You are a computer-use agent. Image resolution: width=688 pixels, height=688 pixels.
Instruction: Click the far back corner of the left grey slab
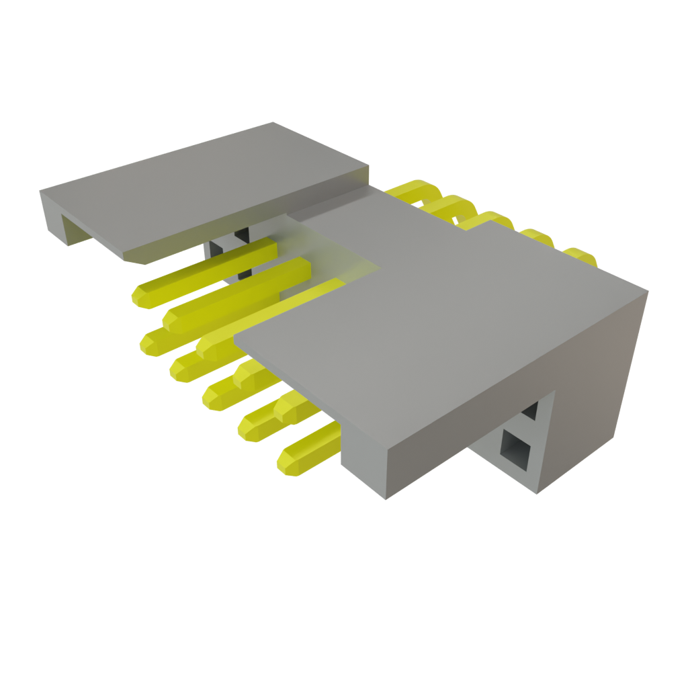pos(272,122)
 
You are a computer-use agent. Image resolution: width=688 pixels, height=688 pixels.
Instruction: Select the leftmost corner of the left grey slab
pos(40,190)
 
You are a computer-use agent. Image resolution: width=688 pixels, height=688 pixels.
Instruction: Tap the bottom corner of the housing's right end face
pos(537,493)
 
